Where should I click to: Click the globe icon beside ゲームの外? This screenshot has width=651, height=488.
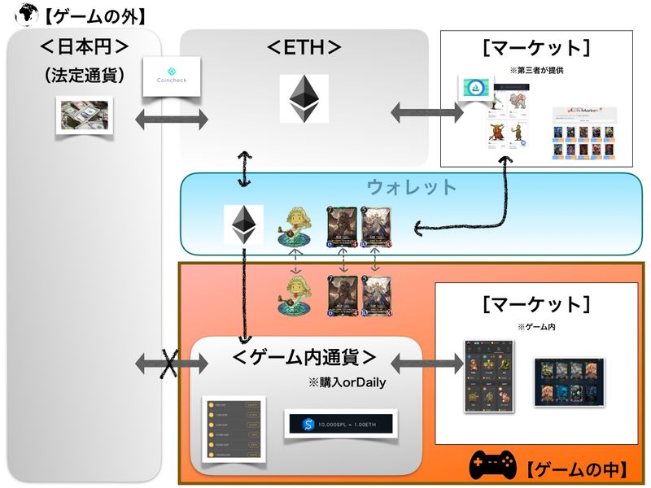(x=11, y=12)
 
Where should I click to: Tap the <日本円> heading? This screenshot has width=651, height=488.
(x=85, y=46)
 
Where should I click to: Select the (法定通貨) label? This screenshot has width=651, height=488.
(x=85, y=75)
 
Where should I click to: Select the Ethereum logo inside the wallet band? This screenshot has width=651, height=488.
(x=242, y=224)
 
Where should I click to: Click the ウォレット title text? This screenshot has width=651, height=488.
(x=412, y=187)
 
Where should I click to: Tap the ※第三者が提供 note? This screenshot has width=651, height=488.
(x=536, y=71)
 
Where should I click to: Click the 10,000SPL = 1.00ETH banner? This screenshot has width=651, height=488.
(x=340, y=424)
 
